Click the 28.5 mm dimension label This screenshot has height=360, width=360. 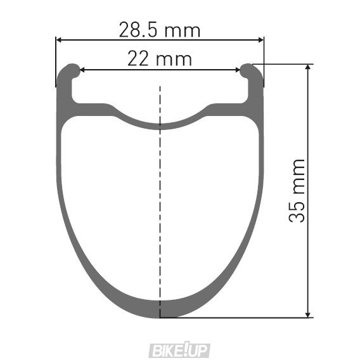point(159,29)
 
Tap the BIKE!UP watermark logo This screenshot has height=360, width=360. point(179,349)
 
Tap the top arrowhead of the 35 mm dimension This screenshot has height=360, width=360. point(309,67)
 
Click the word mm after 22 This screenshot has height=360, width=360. point(174,60)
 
